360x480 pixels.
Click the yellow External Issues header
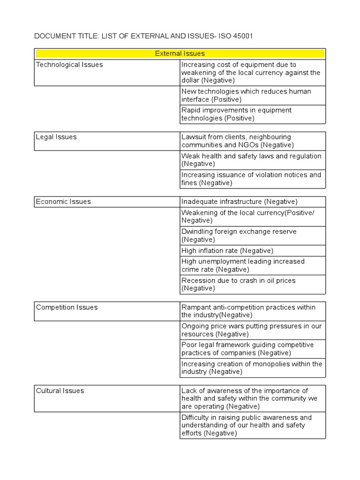[x=180, y=53]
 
